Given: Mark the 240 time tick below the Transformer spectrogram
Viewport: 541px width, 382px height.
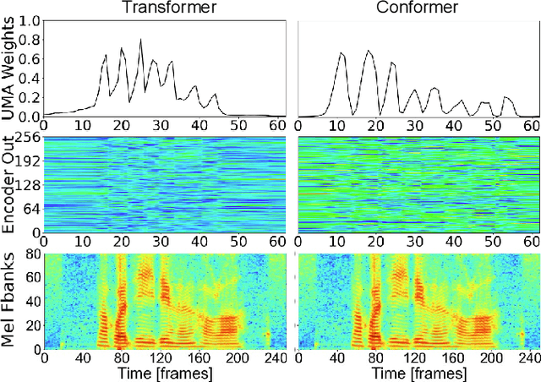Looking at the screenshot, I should (x=271, y=357).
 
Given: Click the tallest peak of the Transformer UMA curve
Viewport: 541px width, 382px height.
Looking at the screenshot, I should (x=140, y=40).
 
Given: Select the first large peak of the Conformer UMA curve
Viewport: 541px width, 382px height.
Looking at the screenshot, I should (x=342, y=53).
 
